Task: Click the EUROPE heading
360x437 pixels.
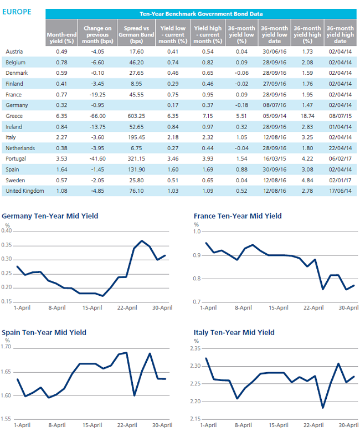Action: (x=17, y=12)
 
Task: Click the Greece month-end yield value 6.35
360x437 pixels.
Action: (x=61, y=116)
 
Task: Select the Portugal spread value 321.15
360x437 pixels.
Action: (x=136, y=158)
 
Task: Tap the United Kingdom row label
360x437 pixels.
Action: (x=25, y=191)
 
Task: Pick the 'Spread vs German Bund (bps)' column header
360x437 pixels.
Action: (x=136, y=35)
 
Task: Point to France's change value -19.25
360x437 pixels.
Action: (x=97, y=95)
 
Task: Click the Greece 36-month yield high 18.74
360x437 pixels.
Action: (x=307, y=116)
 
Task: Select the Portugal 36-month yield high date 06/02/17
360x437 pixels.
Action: (x=340, y=158)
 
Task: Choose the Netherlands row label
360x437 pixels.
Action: (x=20, y=148)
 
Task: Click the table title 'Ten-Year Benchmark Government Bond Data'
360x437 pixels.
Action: (x=201, y=14)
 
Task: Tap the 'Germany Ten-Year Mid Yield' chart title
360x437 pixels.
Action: (x=50, y=216)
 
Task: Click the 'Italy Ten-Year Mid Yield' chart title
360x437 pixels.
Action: (x=234, y=332)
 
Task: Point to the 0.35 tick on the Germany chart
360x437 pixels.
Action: (x=7, y=245)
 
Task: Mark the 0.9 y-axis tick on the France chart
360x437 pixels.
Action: (x=197, y=255)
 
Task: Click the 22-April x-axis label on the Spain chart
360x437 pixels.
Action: (x=127, y=425)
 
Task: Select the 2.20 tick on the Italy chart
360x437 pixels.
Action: (x=196, y=402)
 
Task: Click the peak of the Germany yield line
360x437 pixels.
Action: (x=142, y=240)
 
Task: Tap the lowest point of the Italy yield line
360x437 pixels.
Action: (x=323, y=408)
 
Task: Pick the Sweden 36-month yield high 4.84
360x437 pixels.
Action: (x=307, y=181)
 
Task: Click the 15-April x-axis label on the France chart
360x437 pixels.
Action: (x=279, y=308)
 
